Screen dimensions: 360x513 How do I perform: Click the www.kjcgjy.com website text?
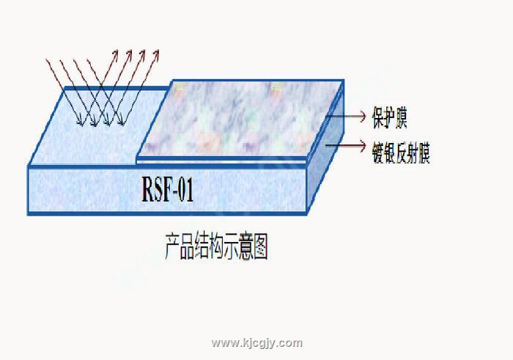tap(256, 342)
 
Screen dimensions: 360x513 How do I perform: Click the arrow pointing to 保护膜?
tap(349, 117)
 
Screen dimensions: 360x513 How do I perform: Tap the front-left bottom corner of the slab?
tap(29, 213)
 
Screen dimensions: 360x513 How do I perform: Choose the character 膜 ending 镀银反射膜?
tap(423, 153)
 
